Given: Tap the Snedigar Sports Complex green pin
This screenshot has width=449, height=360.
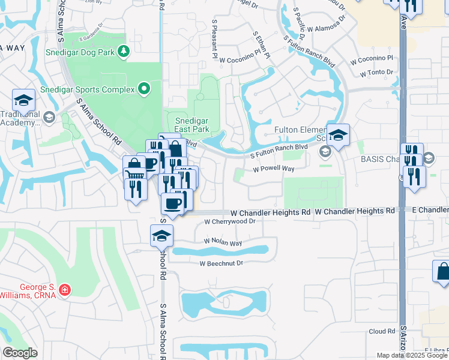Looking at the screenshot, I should [143, 89].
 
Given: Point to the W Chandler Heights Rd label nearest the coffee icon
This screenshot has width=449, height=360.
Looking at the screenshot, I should [271, 212].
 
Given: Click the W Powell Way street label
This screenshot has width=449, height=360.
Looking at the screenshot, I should [273, 169].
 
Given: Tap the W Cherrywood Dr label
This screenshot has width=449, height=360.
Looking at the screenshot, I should [230, 221].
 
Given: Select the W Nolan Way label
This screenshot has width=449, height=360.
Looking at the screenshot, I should [223, 243].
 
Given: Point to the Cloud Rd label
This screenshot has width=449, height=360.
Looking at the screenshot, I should [382, 331].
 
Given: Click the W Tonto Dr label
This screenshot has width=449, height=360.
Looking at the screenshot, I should [376, 73].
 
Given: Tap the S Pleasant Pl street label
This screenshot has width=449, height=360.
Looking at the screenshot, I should [214, 38].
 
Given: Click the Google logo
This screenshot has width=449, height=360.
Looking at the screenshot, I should [20, 353].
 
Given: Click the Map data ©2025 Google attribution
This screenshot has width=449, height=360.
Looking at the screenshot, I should [412, 355].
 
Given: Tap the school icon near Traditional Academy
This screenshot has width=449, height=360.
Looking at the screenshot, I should [23, 100].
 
